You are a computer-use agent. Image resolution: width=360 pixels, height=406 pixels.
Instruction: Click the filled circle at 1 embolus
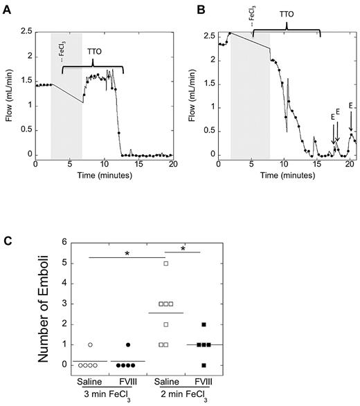click(x=147, y=344)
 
